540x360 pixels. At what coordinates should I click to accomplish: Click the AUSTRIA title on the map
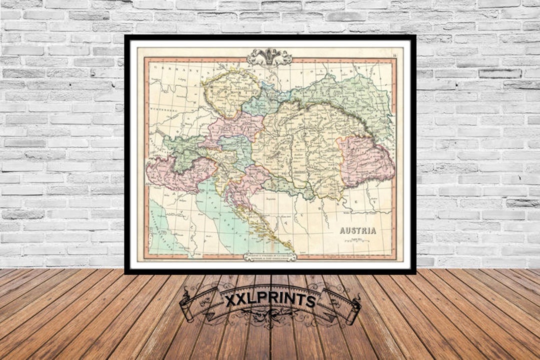(358, 231)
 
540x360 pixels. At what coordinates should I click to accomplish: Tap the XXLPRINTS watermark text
(270, 300)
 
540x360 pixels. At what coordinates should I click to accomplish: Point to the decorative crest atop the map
(269, 56)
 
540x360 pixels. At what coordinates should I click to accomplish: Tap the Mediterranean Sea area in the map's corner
(162, 230)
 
